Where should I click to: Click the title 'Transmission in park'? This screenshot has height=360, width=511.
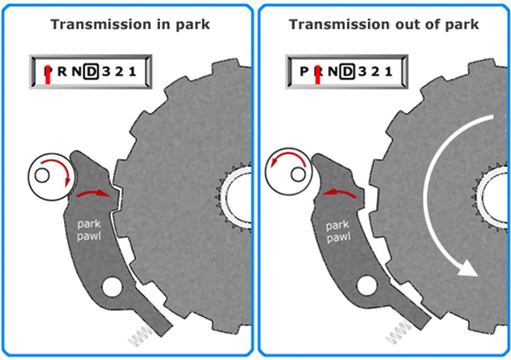point(130,24)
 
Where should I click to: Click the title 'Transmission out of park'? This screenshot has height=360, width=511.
point(384,24)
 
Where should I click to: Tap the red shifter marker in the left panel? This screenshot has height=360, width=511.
point(48,75)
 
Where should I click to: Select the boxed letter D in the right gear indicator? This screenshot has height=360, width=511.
point(348,72)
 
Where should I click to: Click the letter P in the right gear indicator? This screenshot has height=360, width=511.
point(304,72)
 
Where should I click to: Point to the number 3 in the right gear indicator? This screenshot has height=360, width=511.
point(362,72)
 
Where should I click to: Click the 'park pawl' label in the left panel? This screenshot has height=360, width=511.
point(89,230)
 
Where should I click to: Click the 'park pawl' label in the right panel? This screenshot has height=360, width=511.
point(338,231)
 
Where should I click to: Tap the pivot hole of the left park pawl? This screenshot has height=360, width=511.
point(112,287)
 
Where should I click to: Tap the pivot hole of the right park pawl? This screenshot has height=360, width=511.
point(367,286)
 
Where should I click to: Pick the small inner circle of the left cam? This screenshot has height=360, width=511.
point(42,176)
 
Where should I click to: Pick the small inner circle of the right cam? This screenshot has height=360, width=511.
point(297,174)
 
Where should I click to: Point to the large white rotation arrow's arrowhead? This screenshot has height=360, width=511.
point(467,268)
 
